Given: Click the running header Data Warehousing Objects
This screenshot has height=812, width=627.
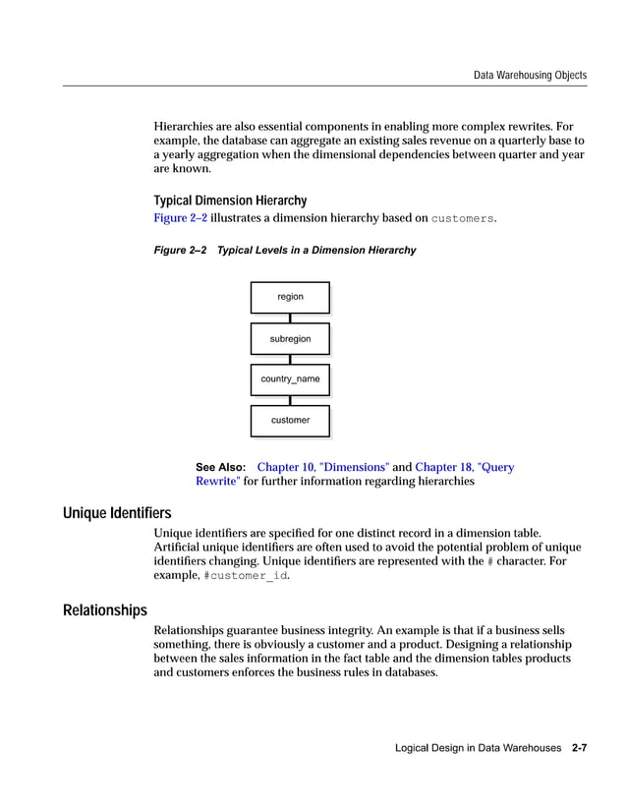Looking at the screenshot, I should click(x=530, y=75).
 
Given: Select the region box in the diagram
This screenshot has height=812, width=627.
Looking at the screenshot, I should click(x=290, y=297).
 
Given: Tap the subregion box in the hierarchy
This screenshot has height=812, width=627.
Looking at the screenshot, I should click(x=290, y=339).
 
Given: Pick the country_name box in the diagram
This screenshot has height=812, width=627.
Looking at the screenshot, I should click(x=290, y=379).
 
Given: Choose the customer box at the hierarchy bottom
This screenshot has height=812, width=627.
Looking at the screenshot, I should click(x=290, y=421).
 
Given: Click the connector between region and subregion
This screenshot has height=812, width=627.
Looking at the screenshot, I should click(x=290, y=318).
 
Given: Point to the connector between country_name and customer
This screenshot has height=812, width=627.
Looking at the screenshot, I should click(x=290, y=400).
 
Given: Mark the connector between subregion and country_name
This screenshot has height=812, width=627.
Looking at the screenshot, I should click(x=290, y=359).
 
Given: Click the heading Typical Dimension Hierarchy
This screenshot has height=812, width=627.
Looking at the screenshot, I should click(x=230, y=201).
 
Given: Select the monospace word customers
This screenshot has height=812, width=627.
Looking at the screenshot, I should click(x=462, y=218).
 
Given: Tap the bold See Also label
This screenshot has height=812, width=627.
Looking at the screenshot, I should click(x=220, y=468).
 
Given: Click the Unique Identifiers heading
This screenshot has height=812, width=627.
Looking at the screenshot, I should click(x=117, y=513).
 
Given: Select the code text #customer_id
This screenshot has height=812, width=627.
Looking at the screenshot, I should click(x=246, y=576).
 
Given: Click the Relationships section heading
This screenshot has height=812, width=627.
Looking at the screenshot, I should click(x=105, y=610).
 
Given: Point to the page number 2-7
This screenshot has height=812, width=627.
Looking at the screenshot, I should click(x=579, y=749).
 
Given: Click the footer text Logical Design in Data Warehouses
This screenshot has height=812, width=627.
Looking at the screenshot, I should click(x=479, y=749).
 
